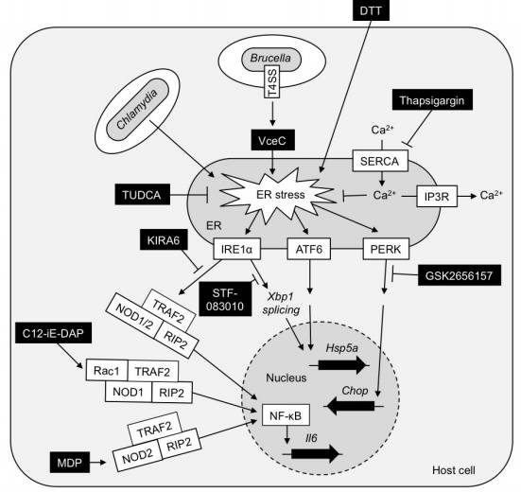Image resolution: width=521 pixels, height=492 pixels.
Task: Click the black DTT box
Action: pos(371,10)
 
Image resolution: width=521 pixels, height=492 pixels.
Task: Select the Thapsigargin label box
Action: pos(432,99)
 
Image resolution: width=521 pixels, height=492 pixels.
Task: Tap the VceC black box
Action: pos(272,140)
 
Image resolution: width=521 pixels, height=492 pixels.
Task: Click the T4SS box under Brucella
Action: pos(272,81)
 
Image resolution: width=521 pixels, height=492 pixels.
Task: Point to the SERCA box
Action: pos(380,161)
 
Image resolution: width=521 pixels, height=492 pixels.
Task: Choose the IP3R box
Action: pos(437,197)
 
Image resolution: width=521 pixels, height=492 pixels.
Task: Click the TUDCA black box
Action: pos(142,194)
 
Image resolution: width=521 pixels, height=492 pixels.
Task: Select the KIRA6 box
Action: pos(164,239)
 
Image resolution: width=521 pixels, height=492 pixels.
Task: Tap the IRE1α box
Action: pos(237,249)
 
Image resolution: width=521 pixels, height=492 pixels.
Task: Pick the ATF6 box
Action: pos(309,249)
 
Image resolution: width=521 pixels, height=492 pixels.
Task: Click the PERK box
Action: pos(386,249)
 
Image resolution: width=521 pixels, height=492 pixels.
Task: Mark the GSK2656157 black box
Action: pos(460,275)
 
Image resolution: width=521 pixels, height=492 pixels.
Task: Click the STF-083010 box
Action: pos(225,299)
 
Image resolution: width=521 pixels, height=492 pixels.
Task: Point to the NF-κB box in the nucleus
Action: pos(286,414)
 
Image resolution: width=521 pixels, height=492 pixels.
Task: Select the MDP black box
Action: pos(70,463)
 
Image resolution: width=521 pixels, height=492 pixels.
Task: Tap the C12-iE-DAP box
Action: pos(53,333)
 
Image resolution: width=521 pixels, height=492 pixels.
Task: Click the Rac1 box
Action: pos(107,370)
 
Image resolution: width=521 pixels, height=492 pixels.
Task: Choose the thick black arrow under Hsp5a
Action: pos(342,365)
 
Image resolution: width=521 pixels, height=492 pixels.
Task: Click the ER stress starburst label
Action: pos(281,195)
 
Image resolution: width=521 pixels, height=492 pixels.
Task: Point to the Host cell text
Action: pos(454,470)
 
